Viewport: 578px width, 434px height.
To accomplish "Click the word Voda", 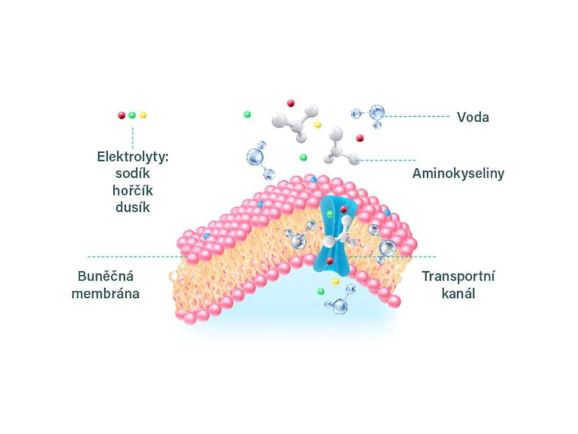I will point(472,118).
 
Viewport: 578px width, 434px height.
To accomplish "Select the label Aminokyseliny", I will point(458,173).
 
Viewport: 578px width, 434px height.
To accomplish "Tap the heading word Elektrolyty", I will point(133,157).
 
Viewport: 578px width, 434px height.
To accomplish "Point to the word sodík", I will point(133,173).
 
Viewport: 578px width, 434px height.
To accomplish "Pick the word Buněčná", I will point(106,277).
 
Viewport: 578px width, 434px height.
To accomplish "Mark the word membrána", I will point(106,294).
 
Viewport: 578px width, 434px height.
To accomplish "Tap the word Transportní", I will point(458,277).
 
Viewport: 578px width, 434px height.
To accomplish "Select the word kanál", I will point(458,294).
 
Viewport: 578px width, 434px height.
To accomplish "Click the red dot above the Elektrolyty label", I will point(121,115).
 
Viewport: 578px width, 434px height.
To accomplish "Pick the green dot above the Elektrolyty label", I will point(132,115).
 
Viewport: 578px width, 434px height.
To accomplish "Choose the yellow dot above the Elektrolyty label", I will point(143,115).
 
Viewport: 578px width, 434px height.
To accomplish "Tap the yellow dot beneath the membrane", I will point(335,281).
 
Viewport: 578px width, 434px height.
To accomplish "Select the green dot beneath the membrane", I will point(321,291).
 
